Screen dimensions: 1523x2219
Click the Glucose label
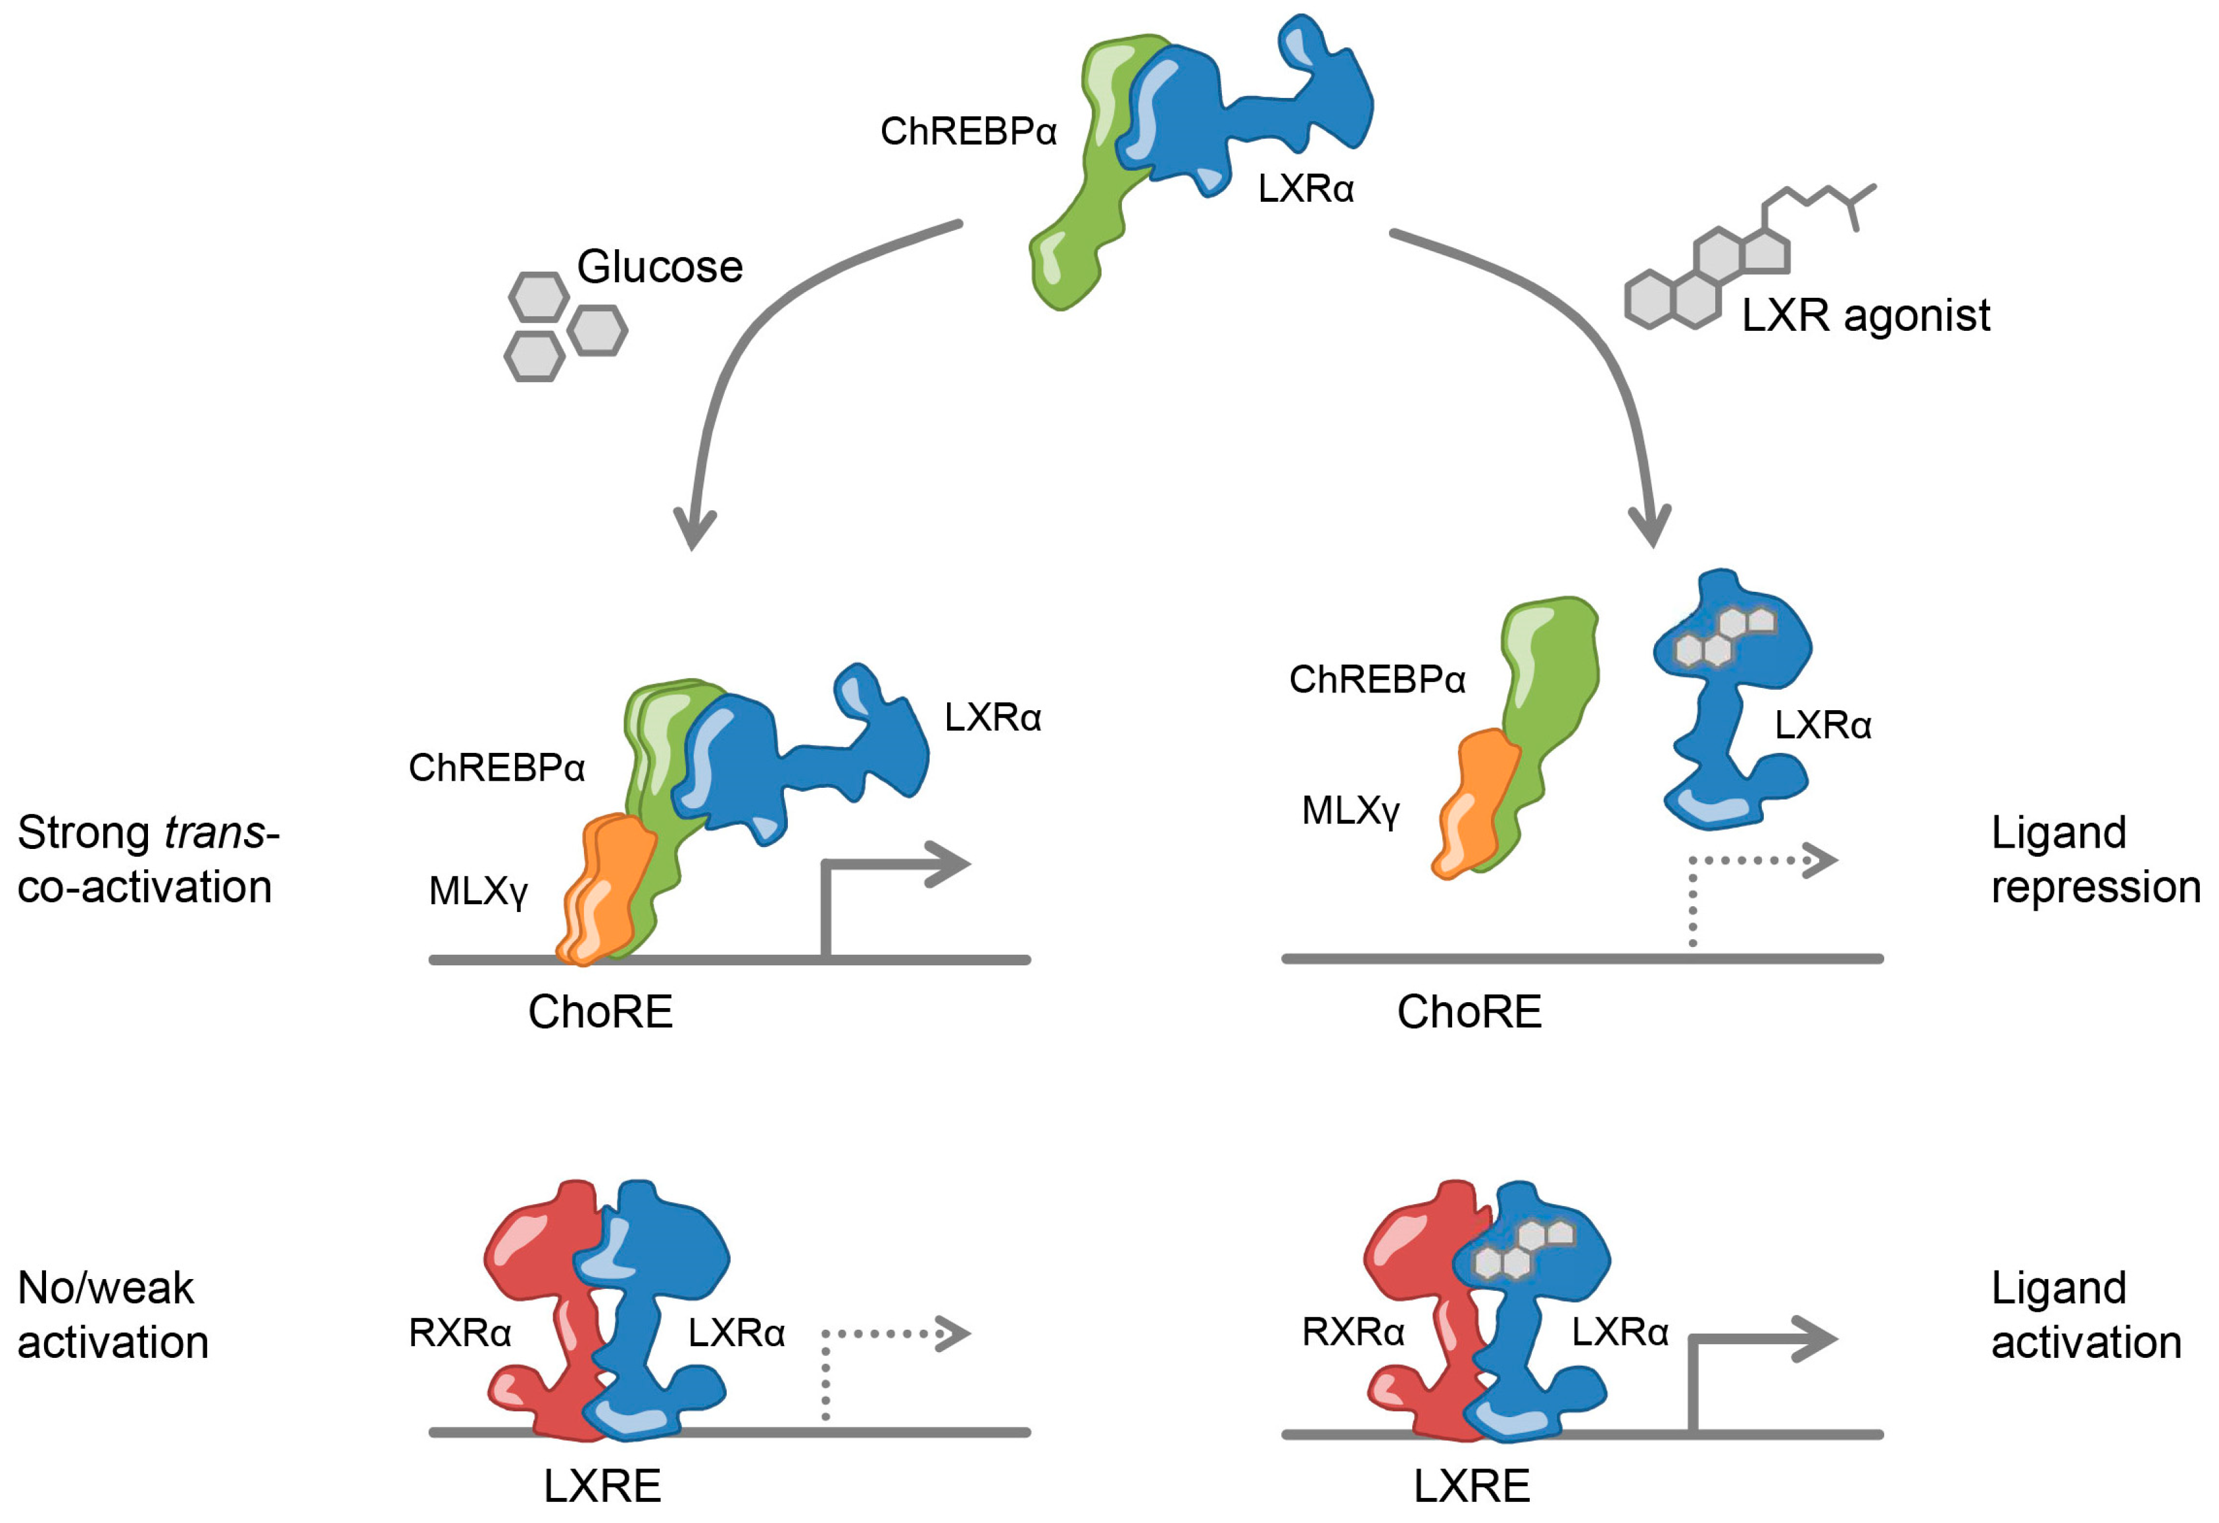660,266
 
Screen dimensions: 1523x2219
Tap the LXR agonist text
1865,315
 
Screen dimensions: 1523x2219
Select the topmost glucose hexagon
539,297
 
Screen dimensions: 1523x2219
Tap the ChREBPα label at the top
968,132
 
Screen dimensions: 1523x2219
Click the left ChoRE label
600,1012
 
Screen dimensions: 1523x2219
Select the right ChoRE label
1469,1012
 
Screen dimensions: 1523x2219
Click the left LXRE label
602,1486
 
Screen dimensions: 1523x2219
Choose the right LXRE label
1471,1486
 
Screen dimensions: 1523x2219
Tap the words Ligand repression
2095,859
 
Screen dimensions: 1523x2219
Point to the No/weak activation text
112,1315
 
